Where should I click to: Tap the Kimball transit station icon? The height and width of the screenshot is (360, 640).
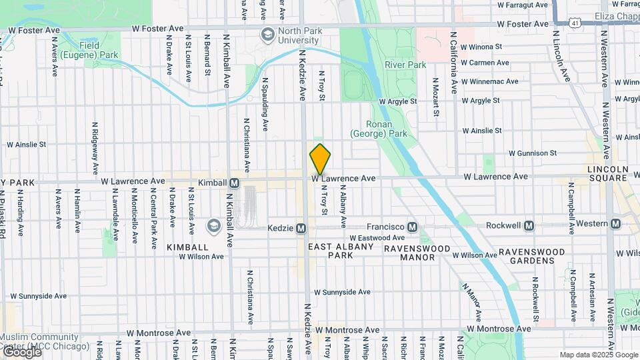click(235, 183)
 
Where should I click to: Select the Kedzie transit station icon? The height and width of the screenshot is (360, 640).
click(301, 229)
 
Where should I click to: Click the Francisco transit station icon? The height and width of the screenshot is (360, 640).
click(413, 227)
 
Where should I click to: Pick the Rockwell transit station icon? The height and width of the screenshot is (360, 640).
click(529, 226)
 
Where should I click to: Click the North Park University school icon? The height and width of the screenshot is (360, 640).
click(267, 35)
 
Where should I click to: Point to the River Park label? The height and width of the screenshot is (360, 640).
click(405, 65)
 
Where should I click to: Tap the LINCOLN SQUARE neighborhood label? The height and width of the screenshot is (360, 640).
click(607, 173)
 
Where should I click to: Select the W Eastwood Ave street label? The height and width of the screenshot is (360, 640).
click(377, 237)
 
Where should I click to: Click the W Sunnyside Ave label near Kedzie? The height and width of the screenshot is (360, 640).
click(342, 292)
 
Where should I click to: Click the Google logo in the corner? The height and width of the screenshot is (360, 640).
click(21, 352)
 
